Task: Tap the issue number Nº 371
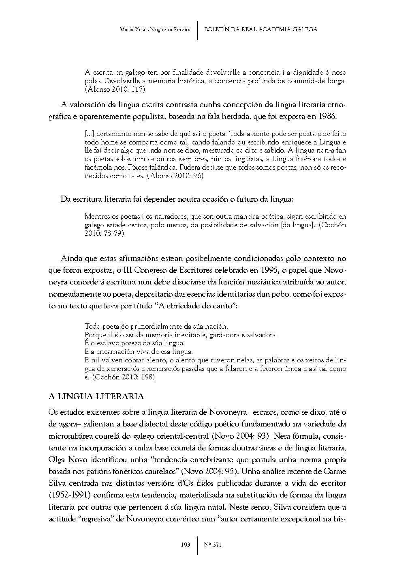(x=213, y=545)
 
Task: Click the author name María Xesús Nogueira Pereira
(x=156, y=30)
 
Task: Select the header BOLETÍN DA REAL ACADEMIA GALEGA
(x=261, y=29)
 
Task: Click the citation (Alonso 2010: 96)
(x=175, y=176)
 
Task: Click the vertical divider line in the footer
(x=198, y=545)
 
